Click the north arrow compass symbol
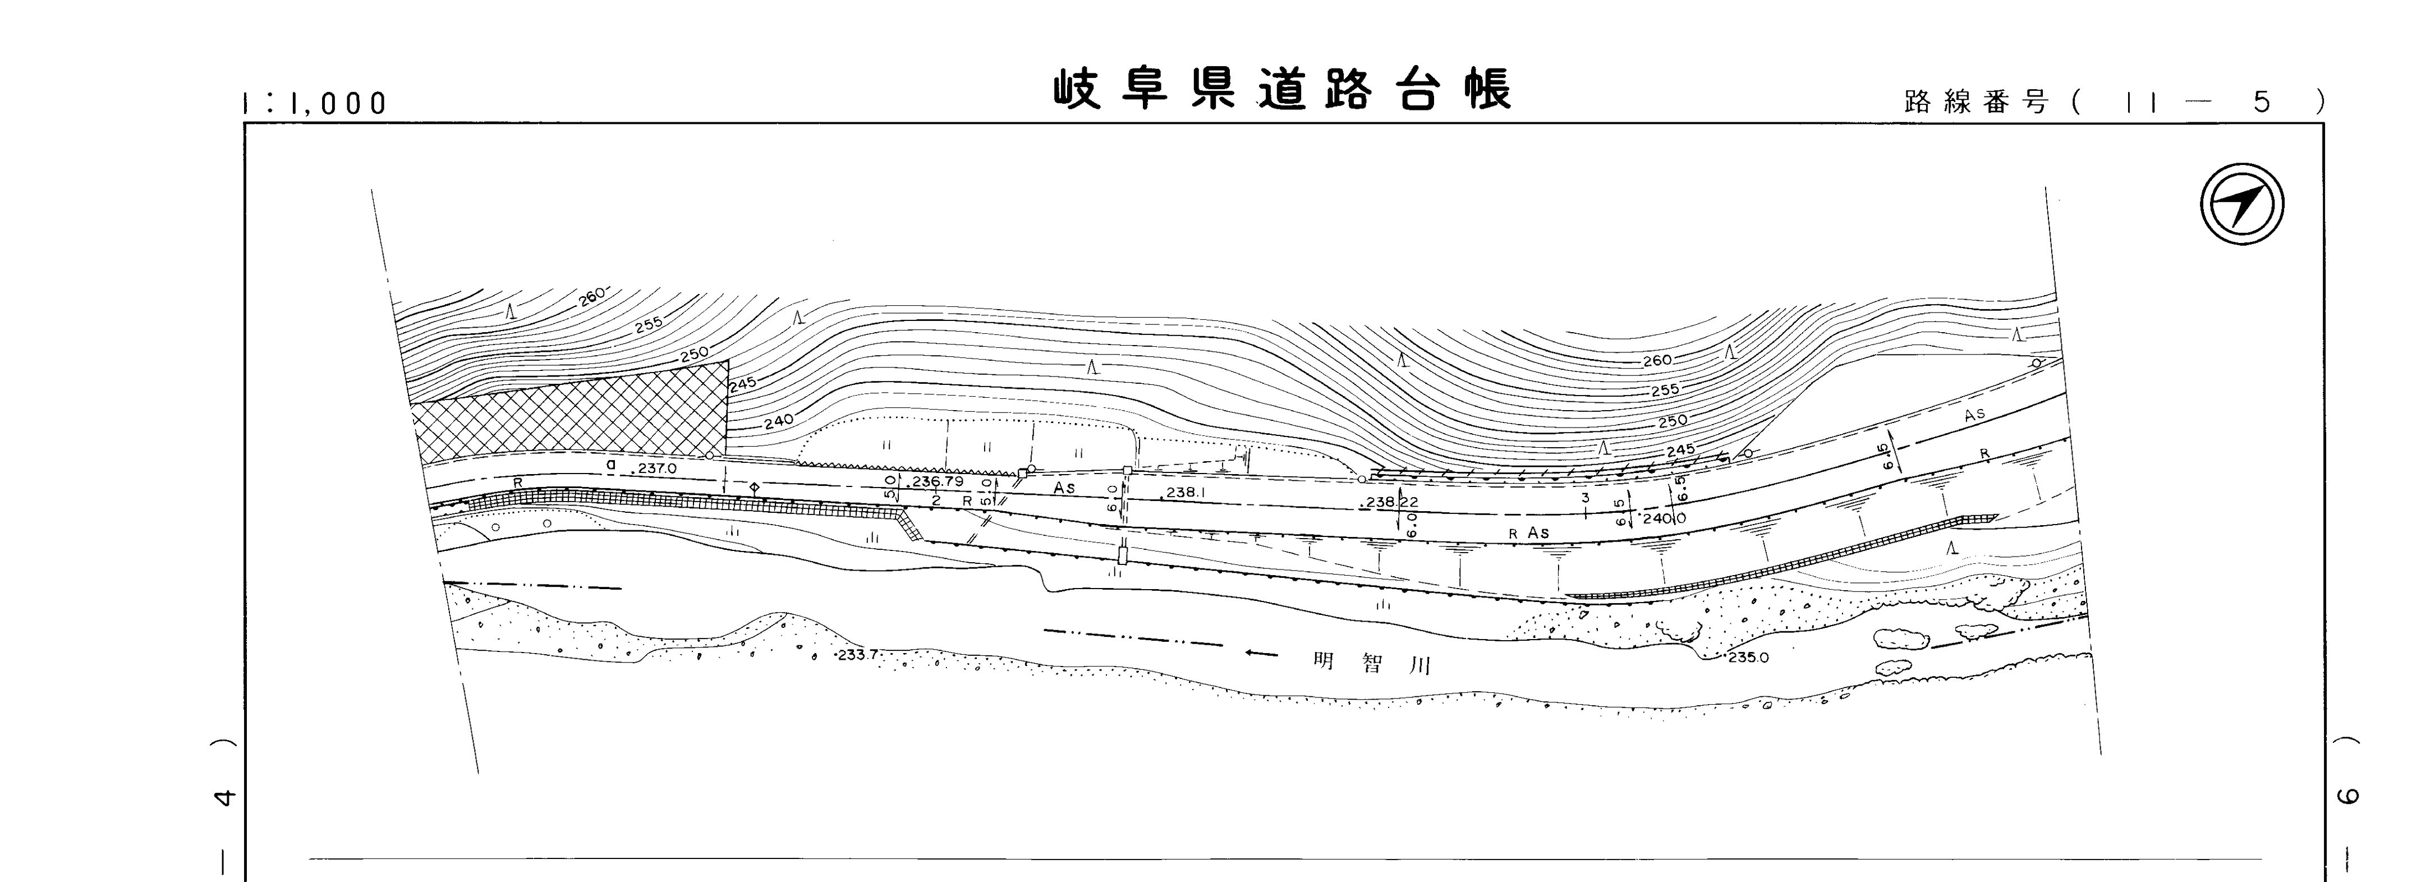pos(2241,204)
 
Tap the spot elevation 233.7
pos(857,654)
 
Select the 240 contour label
pos(778,422)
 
